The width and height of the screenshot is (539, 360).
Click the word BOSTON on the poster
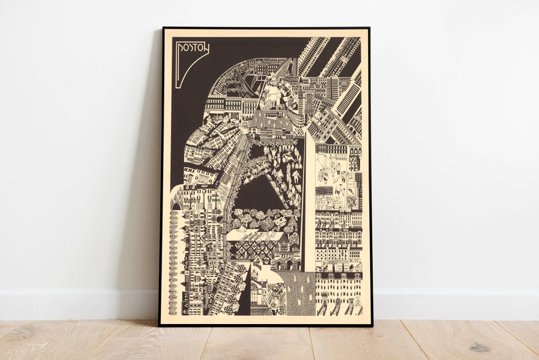click(x=192, y=48)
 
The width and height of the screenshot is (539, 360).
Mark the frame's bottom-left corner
click(x=161, y=324)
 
